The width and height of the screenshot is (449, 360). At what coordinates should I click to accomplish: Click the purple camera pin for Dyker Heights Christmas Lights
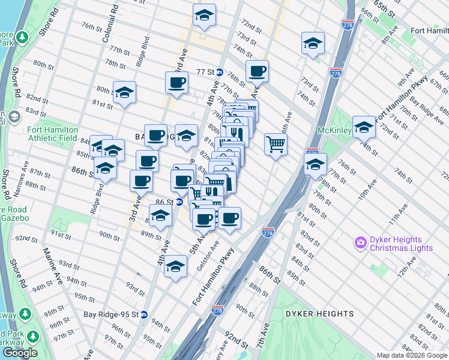(x=361, y=242)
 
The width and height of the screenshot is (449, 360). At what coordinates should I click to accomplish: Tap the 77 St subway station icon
(x=220, y=72)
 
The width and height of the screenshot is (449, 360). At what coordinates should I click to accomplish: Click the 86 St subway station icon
(x=179, y=203)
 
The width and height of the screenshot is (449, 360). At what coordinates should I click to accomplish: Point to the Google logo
(x=19, y=353)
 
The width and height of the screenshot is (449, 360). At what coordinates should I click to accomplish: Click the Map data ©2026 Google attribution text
(x=412, y=355)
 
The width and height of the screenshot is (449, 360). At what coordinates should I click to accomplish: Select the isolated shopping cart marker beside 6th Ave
(x=276, y=144)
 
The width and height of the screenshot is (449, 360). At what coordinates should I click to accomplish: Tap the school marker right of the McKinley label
(x=364, y=127)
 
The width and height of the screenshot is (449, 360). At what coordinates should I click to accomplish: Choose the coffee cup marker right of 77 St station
(x=257, y=71)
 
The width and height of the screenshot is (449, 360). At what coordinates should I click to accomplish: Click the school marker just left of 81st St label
(x=124, y=92)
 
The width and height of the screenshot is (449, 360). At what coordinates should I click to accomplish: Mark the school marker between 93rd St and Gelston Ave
(x=175, y=266)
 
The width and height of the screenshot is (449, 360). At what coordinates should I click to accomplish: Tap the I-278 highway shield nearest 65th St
(x=346, y=24)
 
